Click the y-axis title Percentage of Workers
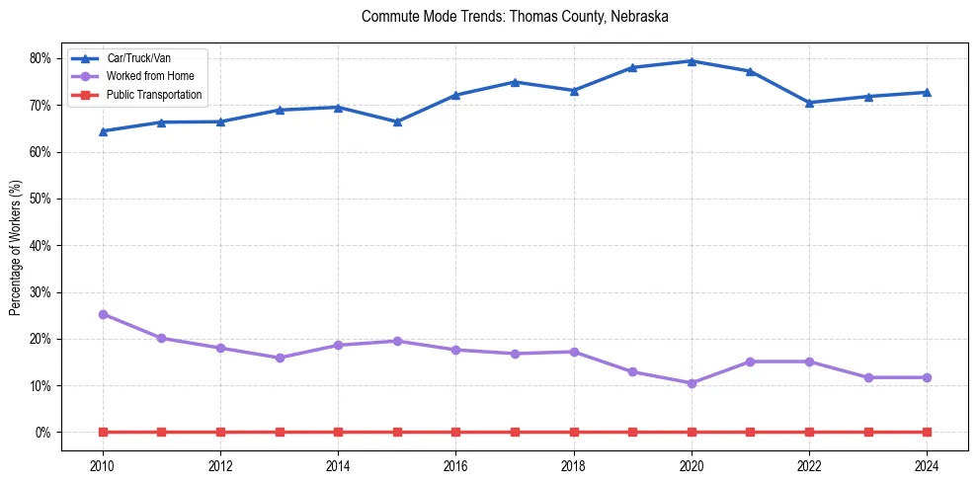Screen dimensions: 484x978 15,247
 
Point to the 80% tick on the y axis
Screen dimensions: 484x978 41,58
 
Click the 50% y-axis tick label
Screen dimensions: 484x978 41,199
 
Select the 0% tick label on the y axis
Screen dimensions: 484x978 43,433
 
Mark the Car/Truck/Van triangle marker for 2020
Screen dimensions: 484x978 692,61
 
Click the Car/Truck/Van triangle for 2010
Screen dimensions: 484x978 103,130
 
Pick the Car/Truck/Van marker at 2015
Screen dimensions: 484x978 397,121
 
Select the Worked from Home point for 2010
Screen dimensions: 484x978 103,314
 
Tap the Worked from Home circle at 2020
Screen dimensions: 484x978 692,383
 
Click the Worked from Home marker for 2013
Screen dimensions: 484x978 280,358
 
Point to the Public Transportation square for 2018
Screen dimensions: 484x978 574,432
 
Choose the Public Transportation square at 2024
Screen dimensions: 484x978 927,432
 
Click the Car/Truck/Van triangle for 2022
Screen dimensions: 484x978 809,103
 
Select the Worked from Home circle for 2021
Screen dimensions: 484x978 750,362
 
